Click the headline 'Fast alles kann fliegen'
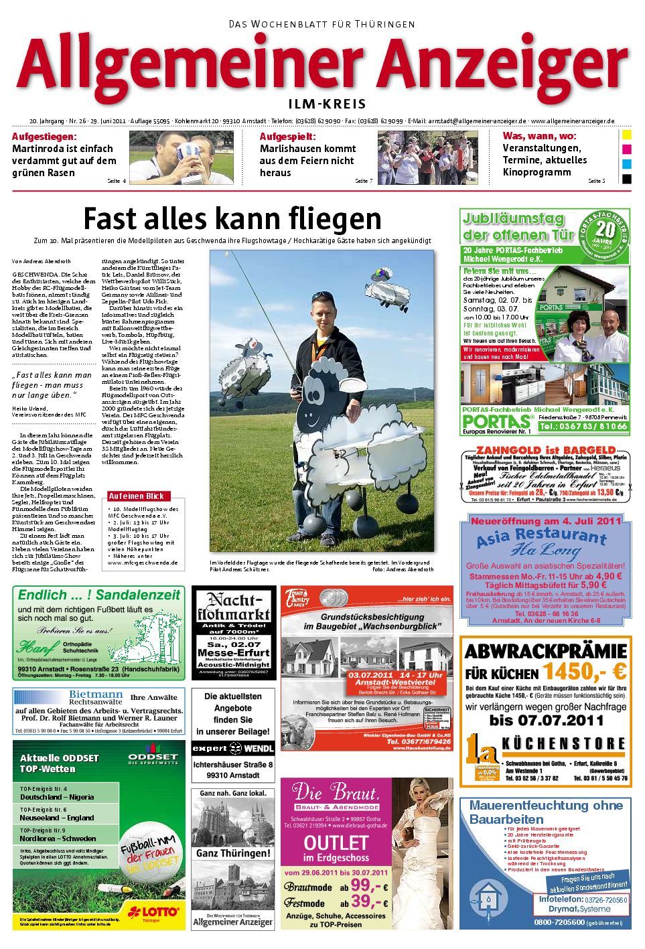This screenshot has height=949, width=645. (232, 218)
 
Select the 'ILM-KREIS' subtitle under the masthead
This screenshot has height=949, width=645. (327, 104)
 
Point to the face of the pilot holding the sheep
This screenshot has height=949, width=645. (321, 321)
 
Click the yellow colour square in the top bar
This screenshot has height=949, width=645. (626, 135)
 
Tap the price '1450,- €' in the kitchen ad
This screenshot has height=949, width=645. (584, 670)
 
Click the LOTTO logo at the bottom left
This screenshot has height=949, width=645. (155, 911)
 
